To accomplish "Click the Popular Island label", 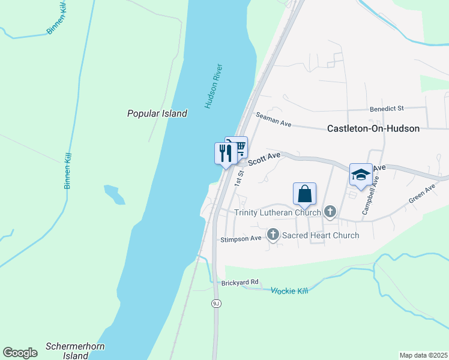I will [157, 113].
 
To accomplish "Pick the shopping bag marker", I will [304, 194].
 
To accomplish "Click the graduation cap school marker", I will [361, 175].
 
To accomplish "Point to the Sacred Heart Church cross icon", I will [273, 235].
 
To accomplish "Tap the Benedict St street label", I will [387, 109].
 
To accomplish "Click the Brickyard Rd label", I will [240, 282].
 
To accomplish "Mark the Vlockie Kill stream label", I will [289, 290].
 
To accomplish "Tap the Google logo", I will [20, 352].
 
